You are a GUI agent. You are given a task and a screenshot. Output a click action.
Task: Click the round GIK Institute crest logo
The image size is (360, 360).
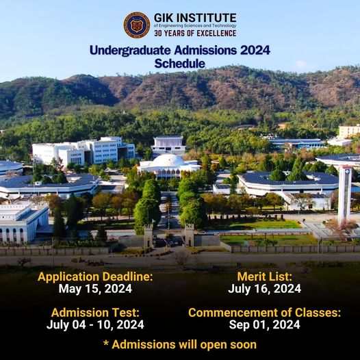coord(137,25)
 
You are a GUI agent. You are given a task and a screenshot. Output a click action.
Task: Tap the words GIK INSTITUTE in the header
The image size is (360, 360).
coord(195,18)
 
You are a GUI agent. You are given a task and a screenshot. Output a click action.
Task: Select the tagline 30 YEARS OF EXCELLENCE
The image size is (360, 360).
coord(195,34)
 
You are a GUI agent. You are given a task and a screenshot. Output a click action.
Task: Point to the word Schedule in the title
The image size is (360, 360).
coord(180,64)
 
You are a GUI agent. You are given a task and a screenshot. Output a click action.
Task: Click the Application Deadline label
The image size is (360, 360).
coord(95,277)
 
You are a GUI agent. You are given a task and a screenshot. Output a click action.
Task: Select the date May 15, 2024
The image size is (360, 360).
coord(95,289)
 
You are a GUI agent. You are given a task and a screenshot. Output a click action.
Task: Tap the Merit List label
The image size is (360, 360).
coord(264,277)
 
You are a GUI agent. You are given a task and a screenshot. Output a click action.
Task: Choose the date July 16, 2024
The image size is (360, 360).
coord(264,289)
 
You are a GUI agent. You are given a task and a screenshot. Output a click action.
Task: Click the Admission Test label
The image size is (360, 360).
coord(95,313)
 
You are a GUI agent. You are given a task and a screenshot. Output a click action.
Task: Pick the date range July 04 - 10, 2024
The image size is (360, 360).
coord(95,324)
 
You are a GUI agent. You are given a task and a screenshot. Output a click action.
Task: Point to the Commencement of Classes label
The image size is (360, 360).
coord(264,313)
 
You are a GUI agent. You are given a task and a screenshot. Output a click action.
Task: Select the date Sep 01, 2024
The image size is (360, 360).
coord(264,324)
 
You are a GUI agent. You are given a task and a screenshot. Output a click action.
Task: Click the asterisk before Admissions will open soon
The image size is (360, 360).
coord(106,343)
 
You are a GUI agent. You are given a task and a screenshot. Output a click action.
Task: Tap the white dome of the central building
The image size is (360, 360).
coord(168,159)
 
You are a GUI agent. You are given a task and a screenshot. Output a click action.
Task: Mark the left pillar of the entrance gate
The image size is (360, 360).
coord(149,236)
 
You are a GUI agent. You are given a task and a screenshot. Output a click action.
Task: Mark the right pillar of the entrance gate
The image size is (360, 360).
coord(190,235)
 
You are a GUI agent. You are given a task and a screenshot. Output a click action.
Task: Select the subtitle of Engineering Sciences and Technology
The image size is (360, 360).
coord(195,26)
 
